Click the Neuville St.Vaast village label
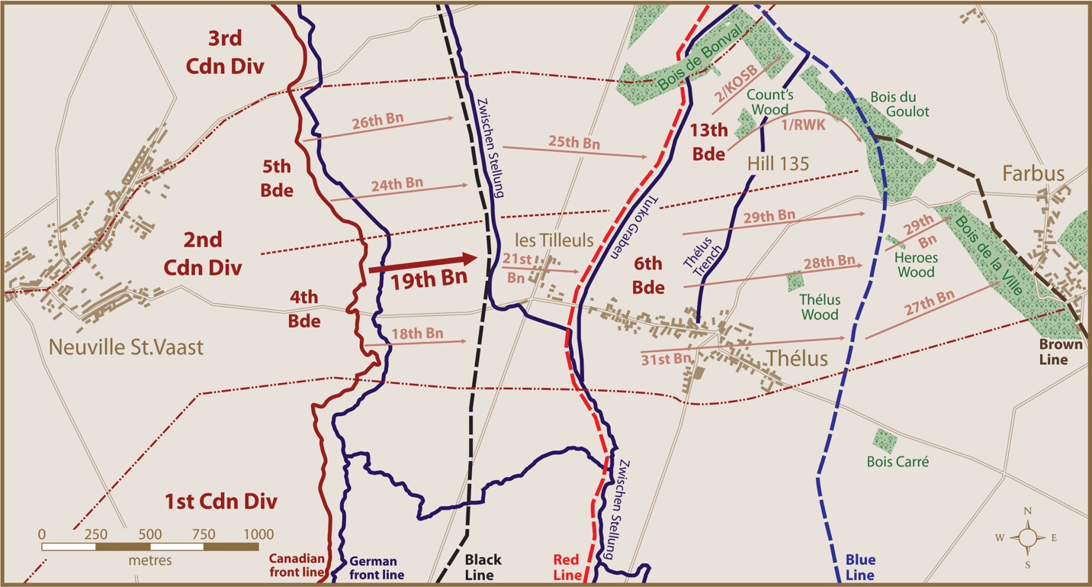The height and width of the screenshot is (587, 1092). pos(126,347)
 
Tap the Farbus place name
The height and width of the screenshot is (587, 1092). pos(1033,174)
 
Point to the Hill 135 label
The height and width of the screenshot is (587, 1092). pos(778,163)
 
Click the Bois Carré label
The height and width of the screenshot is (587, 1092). pos(898,462)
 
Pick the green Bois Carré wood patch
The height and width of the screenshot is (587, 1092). pos(885,440)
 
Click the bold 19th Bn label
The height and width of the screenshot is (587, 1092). pos(429,279)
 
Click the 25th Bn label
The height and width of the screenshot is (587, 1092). pos(573,141)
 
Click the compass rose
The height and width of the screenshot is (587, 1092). pos(1027,537)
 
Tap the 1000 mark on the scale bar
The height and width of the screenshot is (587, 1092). pos(258,534)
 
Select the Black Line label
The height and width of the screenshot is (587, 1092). pos(479,567)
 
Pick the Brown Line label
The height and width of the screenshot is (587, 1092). pos(1060,352)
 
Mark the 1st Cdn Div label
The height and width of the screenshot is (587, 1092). pos(220,502)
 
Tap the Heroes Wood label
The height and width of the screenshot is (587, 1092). pos(915,265)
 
